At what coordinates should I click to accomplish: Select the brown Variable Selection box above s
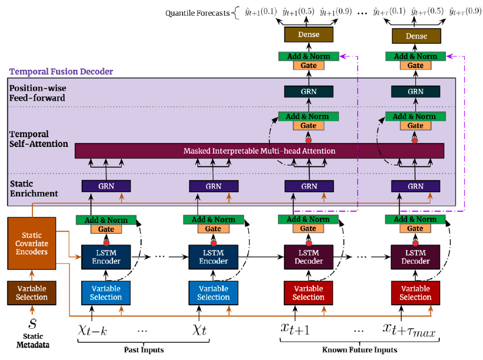click(x=32, y=293)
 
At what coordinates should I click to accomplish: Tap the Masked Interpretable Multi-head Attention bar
click(x=259, y=151)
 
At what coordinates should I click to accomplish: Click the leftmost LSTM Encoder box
click(x=106, y=257)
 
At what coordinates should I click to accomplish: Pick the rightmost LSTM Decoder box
click(x=415, y=257)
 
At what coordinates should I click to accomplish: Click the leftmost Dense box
click(x=308, y=35)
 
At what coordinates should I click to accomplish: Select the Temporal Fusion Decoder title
click(x=61, y=71)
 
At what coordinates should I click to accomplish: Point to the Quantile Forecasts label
click(x=197, y=13)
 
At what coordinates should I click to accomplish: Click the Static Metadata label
click(x=32, y=341)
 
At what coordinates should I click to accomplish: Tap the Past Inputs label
click(x=144, y=349)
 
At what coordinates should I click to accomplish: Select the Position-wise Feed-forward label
click(x=37, y=93)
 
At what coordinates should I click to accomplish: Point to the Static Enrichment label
click(x=33, y=188)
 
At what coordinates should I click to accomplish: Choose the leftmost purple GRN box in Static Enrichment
click(x=106, y=186)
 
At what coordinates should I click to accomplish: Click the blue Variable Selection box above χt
click(x=213, y=293)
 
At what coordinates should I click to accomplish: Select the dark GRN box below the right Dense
click(x=415, y=92)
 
